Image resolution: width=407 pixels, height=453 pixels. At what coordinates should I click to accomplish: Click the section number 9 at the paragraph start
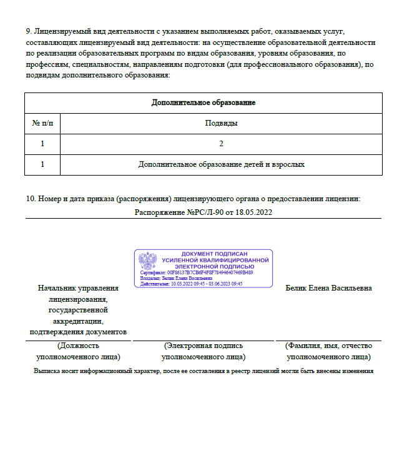coord(28,30)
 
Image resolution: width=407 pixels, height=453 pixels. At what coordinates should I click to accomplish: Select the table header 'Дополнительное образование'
coord(203,102)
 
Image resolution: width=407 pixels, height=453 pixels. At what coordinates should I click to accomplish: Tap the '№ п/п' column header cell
coord(42,123)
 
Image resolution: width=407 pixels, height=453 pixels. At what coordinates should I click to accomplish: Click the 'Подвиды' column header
coord(221,123)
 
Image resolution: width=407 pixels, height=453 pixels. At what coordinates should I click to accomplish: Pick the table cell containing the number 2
coord(221,144)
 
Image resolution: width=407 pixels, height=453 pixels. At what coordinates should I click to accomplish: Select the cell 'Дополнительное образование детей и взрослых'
coord(221,164)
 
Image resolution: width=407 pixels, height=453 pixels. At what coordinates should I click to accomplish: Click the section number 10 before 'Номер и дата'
coord(30,199)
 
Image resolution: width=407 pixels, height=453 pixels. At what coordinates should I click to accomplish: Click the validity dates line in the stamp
coord(191,283)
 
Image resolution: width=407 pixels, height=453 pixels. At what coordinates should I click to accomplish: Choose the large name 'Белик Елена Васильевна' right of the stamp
coord(328,288)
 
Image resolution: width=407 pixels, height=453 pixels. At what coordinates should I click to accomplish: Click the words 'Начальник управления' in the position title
coord(78,289)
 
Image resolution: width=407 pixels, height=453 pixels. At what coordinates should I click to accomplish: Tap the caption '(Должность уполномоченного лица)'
coord(78,351)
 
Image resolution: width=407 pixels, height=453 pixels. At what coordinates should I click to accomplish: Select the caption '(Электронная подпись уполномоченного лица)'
coord(203,351)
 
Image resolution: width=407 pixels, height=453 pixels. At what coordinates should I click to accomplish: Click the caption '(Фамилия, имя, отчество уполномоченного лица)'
coord(328,351)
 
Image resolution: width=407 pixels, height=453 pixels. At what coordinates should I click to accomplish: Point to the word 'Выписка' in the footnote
coord(48,371)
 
